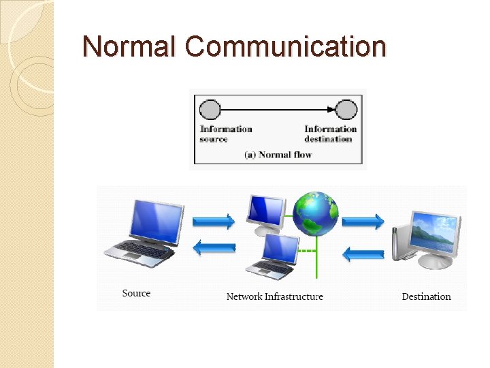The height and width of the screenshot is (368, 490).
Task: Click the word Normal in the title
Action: point(129,46)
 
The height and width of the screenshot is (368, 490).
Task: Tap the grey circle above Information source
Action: point(210,109)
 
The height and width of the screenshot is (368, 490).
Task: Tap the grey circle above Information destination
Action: point(347,109)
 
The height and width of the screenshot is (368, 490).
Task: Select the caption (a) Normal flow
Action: point(278,155)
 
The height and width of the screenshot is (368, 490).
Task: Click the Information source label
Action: point(226,134)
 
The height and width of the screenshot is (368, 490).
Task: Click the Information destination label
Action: point(330,134)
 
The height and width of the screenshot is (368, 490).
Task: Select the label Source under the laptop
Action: point(136,293)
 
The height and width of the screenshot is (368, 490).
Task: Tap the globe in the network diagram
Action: point(315,213)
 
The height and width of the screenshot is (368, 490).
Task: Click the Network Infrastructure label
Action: point(274,296)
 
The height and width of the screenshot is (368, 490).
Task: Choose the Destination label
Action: point(426,296)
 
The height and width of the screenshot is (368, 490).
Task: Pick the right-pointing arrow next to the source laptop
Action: point(214,221)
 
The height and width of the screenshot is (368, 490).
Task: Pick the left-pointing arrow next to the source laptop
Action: point(214,248)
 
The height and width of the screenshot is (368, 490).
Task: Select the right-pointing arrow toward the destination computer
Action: point(363,221)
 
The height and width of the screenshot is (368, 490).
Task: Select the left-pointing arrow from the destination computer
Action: point(363,254)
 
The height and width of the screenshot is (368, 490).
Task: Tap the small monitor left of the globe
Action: point(267,213)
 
